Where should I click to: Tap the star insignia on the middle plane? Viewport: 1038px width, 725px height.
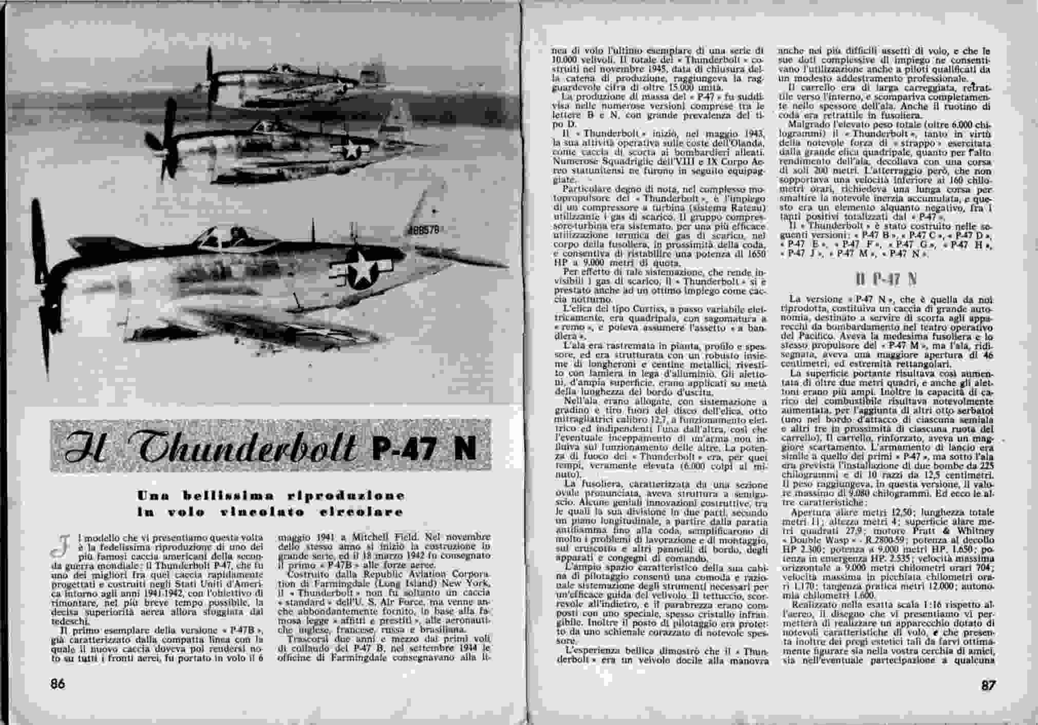click(352, 148)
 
